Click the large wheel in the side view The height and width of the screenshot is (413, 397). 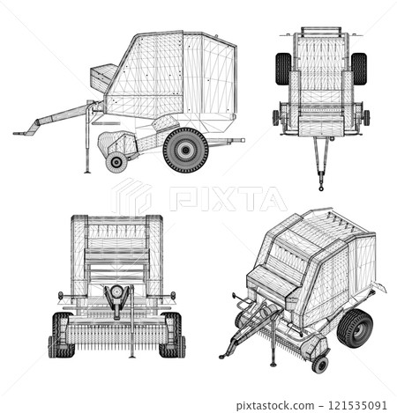click(186, 150)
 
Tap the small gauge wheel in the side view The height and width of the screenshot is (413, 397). click(116, 162)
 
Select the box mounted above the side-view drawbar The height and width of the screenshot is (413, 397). click(103, 77)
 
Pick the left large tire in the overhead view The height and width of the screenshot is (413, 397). click(283, 69)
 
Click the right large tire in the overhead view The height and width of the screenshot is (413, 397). click(358, 69)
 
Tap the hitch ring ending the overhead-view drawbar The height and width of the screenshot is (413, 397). click(321, 186)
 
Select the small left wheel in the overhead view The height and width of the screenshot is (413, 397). click(276, 117)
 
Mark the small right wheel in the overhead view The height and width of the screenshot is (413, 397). click(366, 117)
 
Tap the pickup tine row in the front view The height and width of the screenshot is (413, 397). click(116, 336)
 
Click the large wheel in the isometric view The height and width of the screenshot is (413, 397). click(355, 328)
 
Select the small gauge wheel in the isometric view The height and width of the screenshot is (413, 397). click(319, 364)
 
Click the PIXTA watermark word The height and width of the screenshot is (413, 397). click(228, 198)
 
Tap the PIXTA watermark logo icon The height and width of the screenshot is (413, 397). click(131, 197)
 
